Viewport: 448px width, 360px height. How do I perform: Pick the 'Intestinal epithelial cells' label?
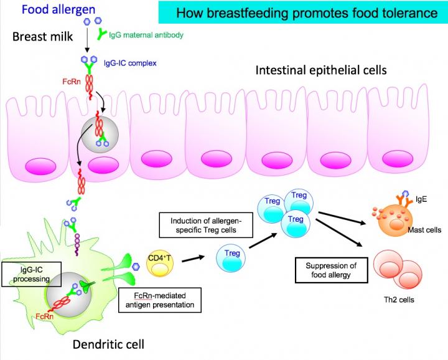click(320, 70)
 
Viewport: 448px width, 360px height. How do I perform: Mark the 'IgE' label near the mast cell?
click(421, 200)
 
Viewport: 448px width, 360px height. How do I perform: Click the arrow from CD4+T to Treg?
click(195, 258)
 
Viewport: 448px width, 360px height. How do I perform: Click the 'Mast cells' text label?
click(424, 230)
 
